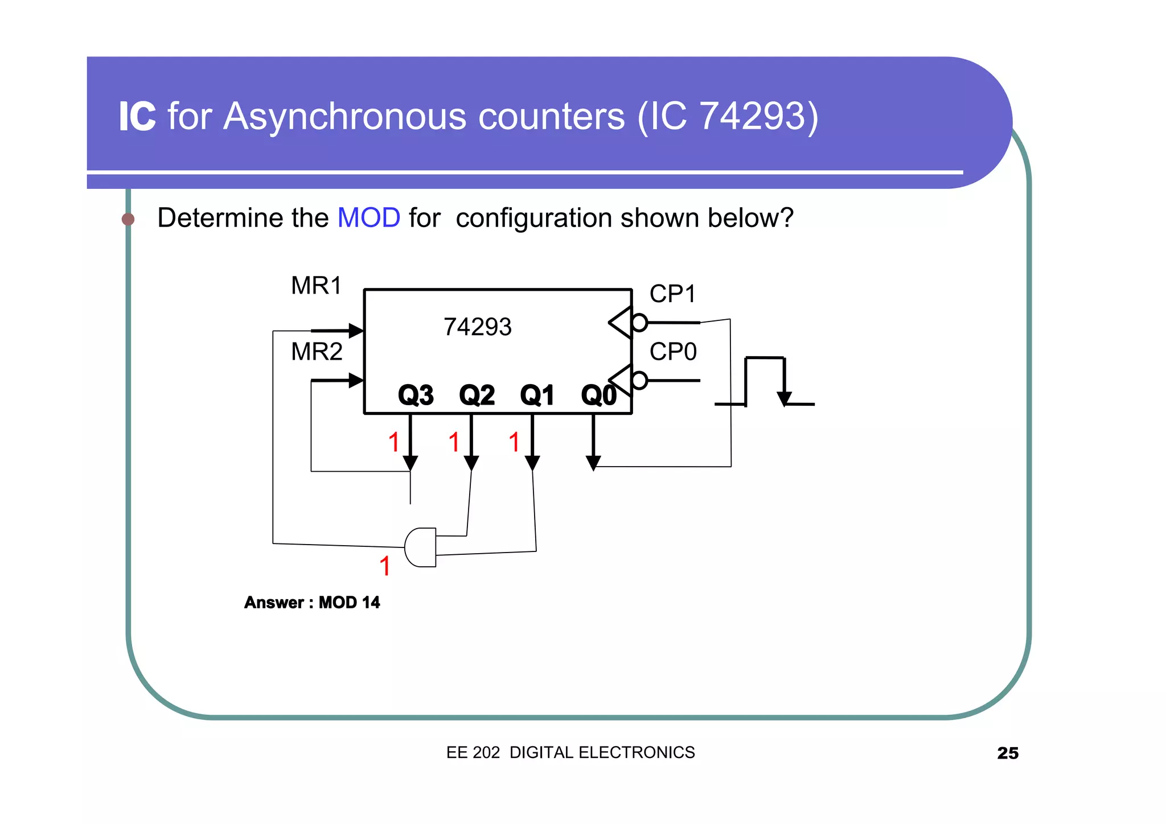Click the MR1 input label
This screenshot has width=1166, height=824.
point(316,286)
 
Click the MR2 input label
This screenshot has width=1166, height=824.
point(317,352)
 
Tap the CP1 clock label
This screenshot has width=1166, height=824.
point(672,294)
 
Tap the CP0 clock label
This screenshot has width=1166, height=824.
point(673,352)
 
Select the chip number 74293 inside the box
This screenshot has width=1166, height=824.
point(477,327)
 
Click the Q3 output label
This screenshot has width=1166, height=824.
point(416,395)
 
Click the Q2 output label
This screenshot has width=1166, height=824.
point(477,395)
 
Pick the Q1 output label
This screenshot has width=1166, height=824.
point(537,395)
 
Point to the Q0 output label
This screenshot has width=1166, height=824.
point(598,395)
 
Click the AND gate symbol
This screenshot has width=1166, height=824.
point(421,547)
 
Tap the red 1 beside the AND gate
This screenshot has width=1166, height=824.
point(385,566)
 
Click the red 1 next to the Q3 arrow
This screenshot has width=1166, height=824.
point(393,442)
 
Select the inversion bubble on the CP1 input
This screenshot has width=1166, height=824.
point(639,323)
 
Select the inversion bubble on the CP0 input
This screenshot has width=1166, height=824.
point(639,380)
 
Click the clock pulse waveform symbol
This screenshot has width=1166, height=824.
point(765,381)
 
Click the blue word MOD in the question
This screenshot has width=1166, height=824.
point(368,218)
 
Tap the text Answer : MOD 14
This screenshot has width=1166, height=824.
point(311,603)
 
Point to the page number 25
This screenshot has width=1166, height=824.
point(1007,753)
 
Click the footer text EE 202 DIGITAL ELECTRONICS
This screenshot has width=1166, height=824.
point(570,753)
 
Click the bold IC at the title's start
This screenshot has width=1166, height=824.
point(137,117)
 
